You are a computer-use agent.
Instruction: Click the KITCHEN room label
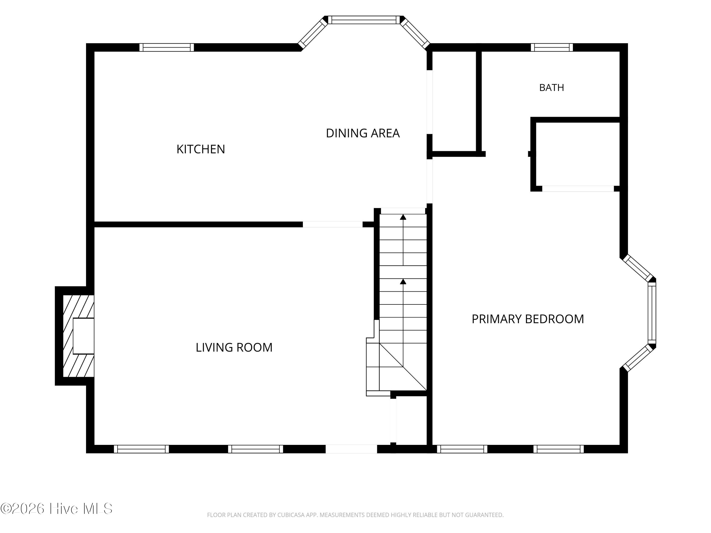[201, 149]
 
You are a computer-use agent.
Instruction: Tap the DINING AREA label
[363, 133]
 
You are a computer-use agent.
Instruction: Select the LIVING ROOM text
[234, 347]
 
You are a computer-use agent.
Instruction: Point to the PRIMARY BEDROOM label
[528, 319]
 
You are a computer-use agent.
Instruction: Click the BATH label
[551, 87]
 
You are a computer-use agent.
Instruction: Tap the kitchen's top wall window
[167, 47]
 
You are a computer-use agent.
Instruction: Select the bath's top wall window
[551, 47]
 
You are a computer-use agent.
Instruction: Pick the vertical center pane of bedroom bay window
[652, 313]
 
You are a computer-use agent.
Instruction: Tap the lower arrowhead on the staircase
[403, 281]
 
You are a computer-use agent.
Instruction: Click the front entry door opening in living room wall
[351, 449]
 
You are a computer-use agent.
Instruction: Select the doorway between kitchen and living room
[333, 224]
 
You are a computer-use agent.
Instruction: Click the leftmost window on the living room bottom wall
[141, 449]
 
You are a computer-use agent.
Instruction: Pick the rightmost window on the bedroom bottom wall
[559, 449]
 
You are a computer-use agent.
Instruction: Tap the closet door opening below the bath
[578, 189]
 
